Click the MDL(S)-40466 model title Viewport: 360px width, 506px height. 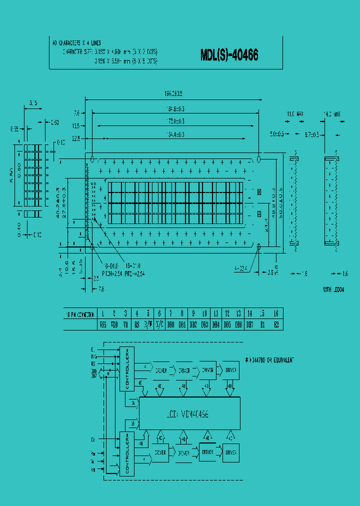tap(229, 55)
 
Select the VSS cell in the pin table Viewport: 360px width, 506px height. tap(102, 324)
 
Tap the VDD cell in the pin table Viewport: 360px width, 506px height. tap(114, 324)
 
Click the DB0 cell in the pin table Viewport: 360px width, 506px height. tap(170, 324)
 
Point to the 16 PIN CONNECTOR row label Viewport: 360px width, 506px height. tap(80, 314)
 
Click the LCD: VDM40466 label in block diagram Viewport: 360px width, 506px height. tap(187, 414)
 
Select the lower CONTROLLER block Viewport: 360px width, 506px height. tap(126, 454)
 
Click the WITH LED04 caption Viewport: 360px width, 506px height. tap(333, 289)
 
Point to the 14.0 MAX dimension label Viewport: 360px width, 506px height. tap(331, 114)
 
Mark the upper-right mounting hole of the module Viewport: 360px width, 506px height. tap(259, 158)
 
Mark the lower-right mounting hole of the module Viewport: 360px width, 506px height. tap(259, 246)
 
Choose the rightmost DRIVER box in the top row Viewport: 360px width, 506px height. tap(230, 370)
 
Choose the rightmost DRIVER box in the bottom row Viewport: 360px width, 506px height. tap(230, 452)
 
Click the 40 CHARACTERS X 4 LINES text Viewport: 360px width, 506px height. tap(76, 43)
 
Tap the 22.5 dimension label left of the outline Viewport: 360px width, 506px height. tap(76, 138)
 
